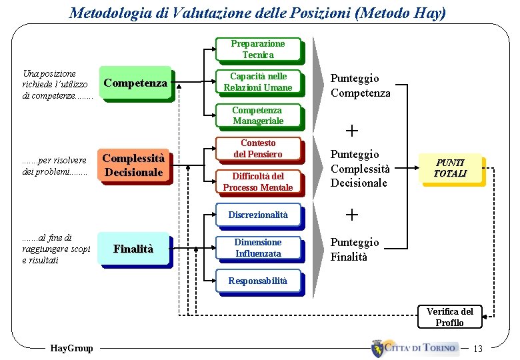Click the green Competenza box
[x=135, y=83]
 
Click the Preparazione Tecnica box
[x=257, y=49]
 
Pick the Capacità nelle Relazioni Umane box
[x=257, y=82]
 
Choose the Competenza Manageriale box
[x=257, y=115]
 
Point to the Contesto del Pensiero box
[x=257, y=149]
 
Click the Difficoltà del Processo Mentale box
[x=257, y=181]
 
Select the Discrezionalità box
[x=257, y=215]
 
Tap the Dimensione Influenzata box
[x=257, y=248]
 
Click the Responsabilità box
[x=257, y=281]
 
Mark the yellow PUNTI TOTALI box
[x=450, y=168]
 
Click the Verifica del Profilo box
[x=449, y=317]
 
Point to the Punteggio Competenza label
[x=360, y=86]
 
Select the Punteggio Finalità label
[x=354, y=249]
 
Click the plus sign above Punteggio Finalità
[x=351, y=214]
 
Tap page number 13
[x=477, y=348]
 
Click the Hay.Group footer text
[x=71, y=348]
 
